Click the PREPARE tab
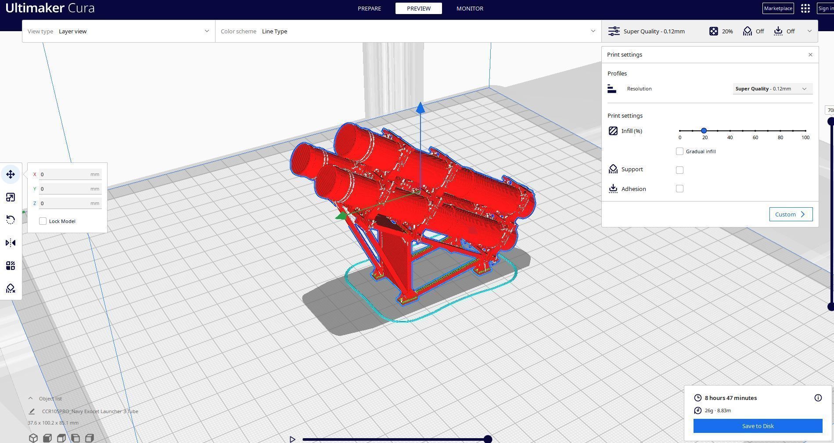click(369, 8)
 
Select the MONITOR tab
click(470, 8)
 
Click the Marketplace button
click(778, 8)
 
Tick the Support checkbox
click(679, 170)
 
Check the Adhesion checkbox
click(679, 189)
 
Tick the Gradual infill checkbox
click(679, 151)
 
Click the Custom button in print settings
click(791, 214)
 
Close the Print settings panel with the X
click(810, 55)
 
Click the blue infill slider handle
click(704, 131)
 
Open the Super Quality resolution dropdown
click(772, 89)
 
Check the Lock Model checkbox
click(43, 221)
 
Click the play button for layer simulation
click(292, 439)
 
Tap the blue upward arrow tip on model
click(421, 107)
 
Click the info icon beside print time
click(818, 398)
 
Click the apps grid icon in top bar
click(805, 8)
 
